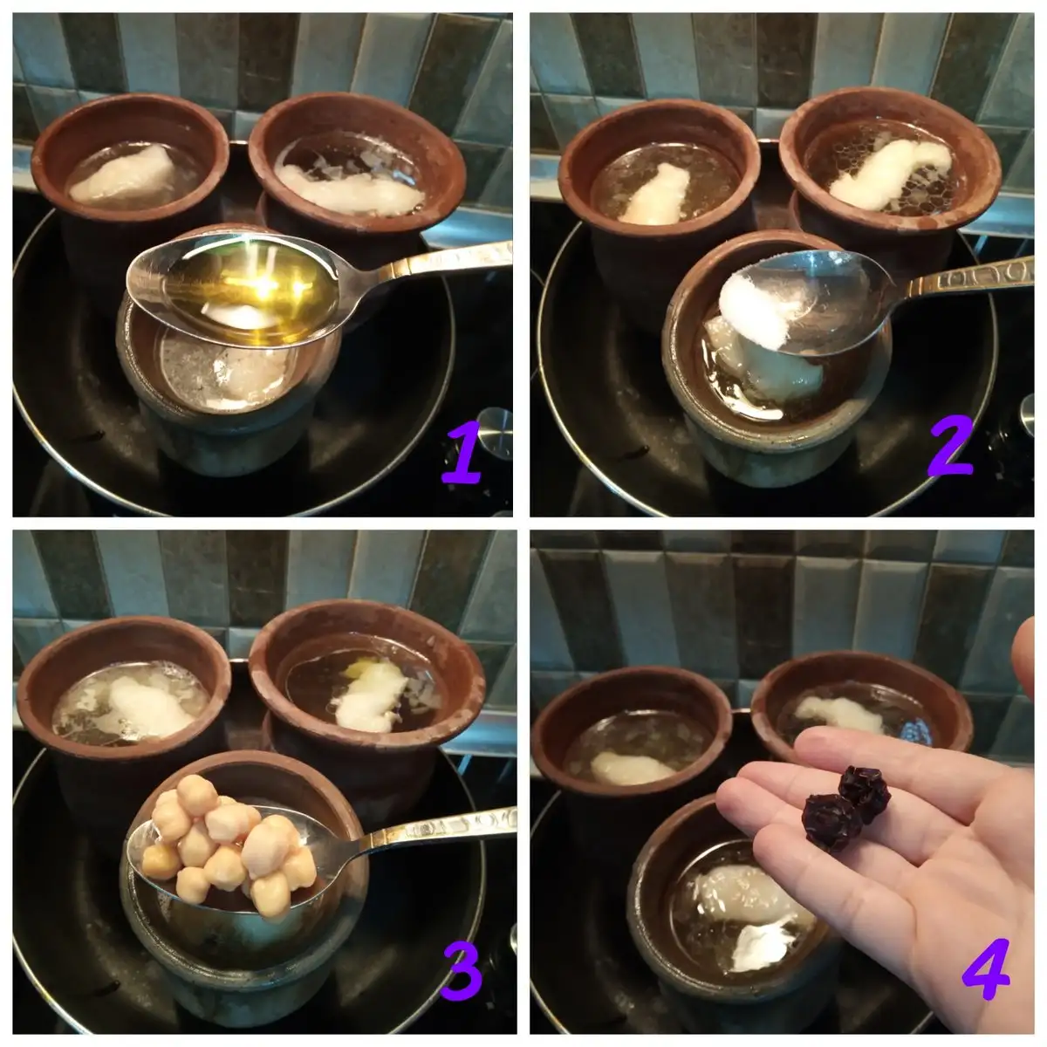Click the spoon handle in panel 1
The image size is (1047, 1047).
[429, 263]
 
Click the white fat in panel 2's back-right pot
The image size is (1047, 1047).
[891, 175]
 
